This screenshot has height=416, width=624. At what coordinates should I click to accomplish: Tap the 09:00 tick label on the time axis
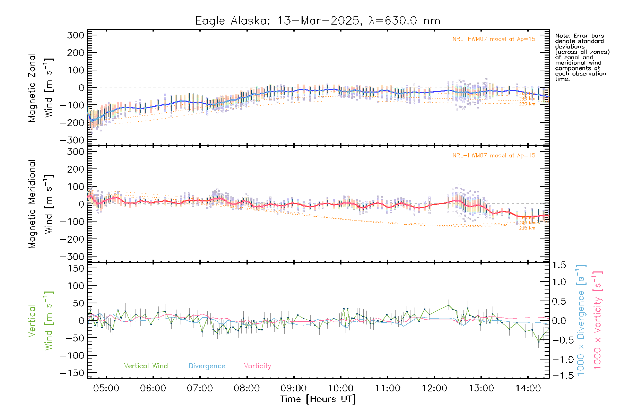(x=294, y=388)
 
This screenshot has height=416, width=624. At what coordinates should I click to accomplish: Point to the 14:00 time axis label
(x=528, y=388)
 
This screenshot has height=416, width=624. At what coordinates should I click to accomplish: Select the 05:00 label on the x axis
(x=106, y=388)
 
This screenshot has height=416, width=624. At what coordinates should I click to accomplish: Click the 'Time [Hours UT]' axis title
(x=318, y=399)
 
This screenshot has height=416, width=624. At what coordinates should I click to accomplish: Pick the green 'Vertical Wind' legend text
(x=146, y=366)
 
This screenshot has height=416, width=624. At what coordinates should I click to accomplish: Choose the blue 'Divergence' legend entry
(x=207, y=366)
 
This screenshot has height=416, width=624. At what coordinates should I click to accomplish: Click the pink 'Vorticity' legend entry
(x=257, y=366)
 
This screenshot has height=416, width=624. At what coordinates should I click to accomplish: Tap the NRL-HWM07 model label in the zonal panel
(x=494, y=39)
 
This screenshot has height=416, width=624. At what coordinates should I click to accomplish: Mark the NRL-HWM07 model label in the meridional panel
(x=494, y=156)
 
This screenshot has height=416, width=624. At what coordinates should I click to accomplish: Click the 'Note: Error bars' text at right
(x=579, y=36)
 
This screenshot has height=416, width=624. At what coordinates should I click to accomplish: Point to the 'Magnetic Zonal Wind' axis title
(x=41, y=87)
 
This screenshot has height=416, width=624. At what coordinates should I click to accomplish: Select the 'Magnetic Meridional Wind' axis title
(x=41, y=204)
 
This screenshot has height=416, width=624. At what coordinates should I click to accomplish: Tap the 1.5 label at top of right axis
(x=559, y=265)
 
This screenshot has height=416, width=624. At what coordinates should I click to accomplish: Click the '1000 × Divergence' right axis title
(x=581, y=320)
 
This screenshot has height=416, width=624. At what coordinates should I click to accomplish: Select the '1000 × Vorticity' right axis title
(x=598, y=320)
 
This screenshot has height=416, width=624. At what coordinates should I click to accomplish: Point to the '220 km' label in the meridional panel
(x=527, y=228)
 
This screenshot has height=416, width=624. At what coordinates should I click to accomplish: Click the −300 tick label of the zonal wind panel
(x=72, y=140)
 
